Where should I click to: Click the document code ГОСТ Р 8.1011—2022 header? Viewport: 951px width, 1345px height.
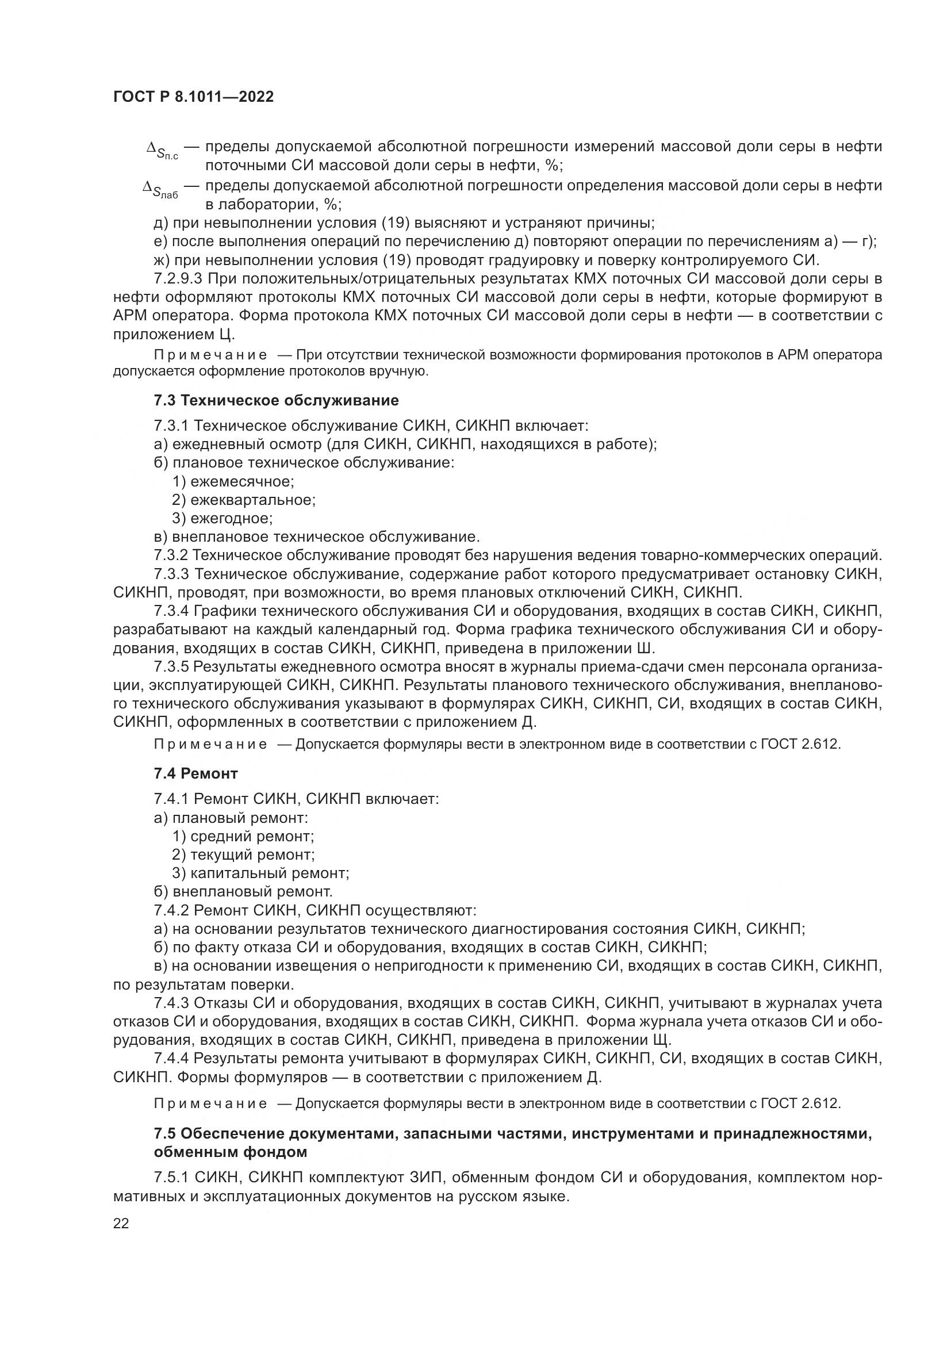coord(193,97)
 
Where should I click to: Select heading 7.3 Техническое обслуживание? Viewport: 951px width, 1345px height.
coord(276,401)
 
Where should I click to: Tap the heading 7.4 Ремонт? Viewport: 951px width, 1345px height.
coord(195,774)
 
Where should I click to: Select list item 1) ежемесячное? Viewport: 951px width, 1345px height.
coord(233,481)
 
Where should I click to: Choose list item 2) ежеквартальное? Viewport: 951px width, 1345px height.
coord(244,500)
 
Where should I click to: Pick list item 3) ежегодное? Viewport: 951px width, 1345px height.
coord(223,519)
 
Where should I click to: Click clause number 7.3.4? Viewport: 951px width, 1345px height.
coord(171,612)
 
